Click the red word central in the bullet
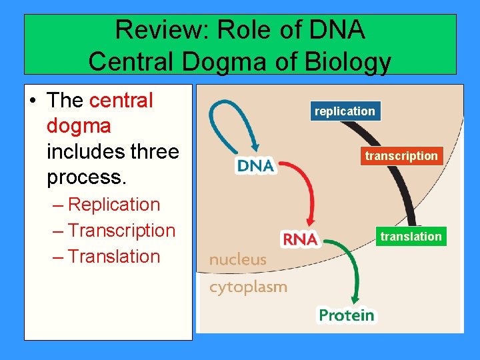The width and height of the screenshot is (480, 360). pos(121,101)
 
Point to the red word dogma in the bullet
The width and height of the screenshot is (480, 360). pos(79,126)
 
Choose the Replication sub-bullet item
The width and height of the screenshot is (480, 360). pos(113,205)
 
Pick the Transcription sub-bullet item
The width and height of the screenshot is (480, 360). pos(121,231)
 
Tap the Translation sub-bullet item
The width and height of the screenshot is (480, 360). pos(113,257)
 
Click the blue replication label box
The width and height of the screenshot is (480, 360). pos(345,111)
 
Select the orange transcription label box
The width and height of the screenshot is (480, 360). pos(401,156)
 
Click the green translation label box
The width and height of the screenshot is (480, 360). pos(411,237)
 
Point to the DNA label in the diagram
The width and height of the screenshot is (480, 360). pos(256,165)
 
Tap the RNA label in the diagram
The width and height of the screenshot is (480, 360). pos(301,239)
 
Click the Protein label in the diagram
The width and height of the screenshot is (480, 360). pos(346,315)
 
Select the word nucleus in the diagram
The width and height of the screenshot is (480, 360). pos(237,260)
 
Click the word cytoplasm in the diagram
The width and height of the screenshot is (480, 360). pos(248,287)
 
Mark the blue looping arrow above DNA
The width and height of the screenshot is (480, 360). pos(223,117)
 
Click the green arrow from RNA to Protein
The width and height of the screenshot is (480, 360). pos(353,267)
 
